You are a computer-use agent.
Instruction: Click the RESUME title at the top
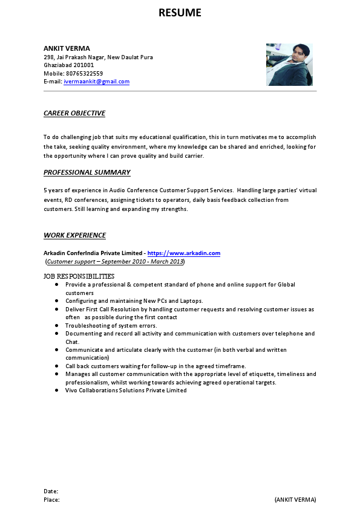tap(180, 13)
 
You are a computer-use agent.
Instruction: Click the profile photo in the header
tap(289, 64)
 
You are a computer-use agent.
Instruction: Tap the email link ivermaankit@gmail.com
tap(97, 82)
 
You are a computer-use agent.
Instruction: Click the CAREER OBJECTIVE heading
tap(74, 113)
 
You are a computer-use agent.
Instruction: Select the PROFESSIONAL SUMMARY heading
tap(87, 172)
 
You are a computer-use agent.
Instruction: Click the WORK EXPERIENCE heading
tap(74, 235)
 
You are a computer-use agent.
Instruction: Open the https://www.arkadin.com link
tap(184, 253)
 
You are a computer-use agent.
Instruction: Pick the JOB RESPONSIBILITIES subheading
tap(79, 276)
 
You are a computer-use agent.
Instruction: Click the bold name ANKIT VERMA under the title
tap(67, 48)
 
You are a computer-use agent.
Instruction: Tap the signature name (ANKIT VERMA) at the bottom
tap(295, 500)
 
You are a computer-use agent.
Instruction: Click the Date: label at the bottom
tap(51, 491)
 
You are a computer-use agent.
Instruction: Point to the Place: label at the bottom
tap(51, 500)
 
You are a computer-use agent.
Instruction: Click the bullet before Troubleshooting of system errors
tap(56, 325)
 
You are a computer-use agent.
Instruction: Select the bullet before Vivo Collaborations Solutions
tap(56, 391)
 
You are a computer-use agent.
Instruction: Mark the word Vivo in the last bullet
tap(72, 391)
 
